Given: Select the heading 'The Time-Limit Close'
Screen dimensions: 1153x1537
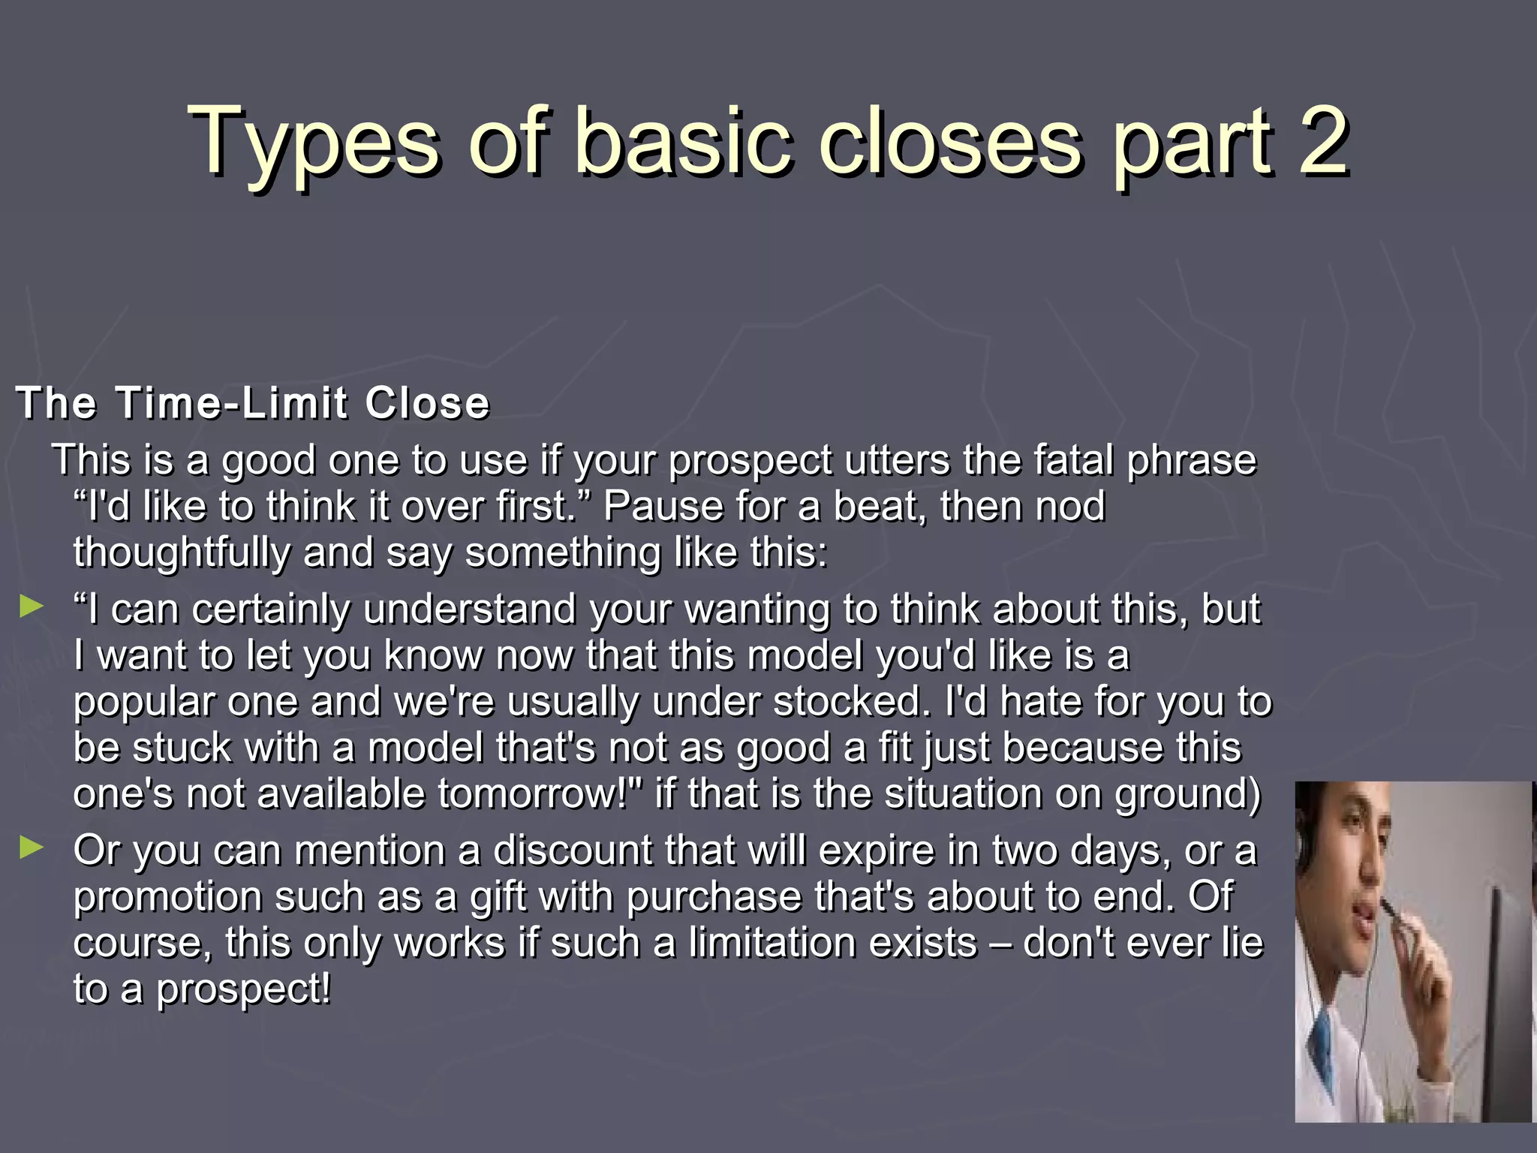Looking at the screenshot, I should (x=253, y=402).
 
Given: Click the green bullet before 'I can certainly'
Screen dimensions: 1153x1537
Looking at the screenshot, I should (x=32, y=606).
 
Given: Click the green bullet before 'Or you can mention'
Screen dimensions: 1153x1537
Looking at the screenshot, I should (x=32, y=847).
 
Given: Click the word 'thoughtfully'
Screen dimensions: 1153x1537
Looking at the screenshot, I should (x=181, y=553).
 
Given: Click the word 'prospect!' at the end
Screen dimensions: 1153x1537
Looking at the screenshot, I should (x=243, y=989).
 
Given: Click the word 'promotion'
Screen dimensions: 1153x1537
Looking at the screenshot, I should (x=167, y=898).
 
